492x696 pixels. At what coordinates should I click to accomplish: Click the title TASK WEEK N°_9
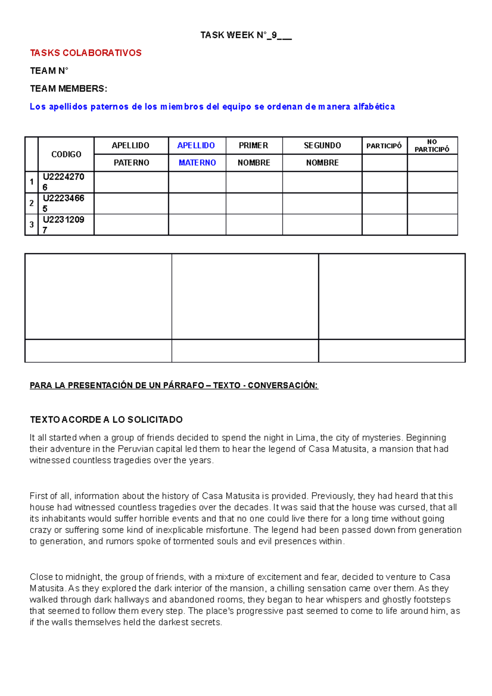[246, 35]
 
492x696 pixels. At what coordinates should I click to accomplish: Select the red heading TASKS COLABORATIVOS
[86, 53]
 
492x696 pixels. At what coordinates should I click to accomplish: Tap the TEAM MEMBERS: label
[68, 89]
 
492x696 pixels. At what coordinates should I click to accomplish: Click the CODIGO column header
[66, 154]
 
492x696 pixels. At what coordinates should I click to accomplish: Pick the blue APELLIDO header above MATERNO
[196, 146]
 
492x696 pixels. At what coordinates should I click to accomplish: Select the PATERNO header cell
[131, 163]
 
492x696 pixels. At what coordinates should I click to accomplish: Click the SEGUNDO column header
[322, 146]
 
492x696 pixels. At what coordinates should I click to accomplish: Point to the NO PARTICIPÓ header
[432, 146]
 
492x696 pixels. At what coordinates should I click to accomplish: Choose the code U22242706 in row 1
[64, 182]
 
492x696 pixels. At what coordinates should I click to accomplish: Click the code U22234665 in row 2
[64, 203]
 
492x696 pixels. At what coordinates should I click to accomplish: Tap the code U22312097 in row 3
[64, 225]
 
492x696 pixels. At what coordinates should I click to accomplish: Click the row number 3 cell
[32, 225]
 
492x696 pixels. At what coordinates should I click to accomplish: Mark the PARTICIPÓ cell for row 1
[385, 182]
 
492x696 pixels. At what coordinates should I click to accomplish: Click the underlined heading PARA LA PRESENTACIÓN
[174, 385]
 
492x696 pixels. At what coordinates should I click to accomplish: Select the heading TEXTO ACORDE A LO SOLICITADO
[106, 420]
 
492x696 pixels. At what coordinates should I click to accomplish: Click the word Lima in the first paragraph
[305, 438]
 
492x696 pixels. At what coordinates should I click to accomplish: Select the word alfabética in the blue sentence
[374, 107]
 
